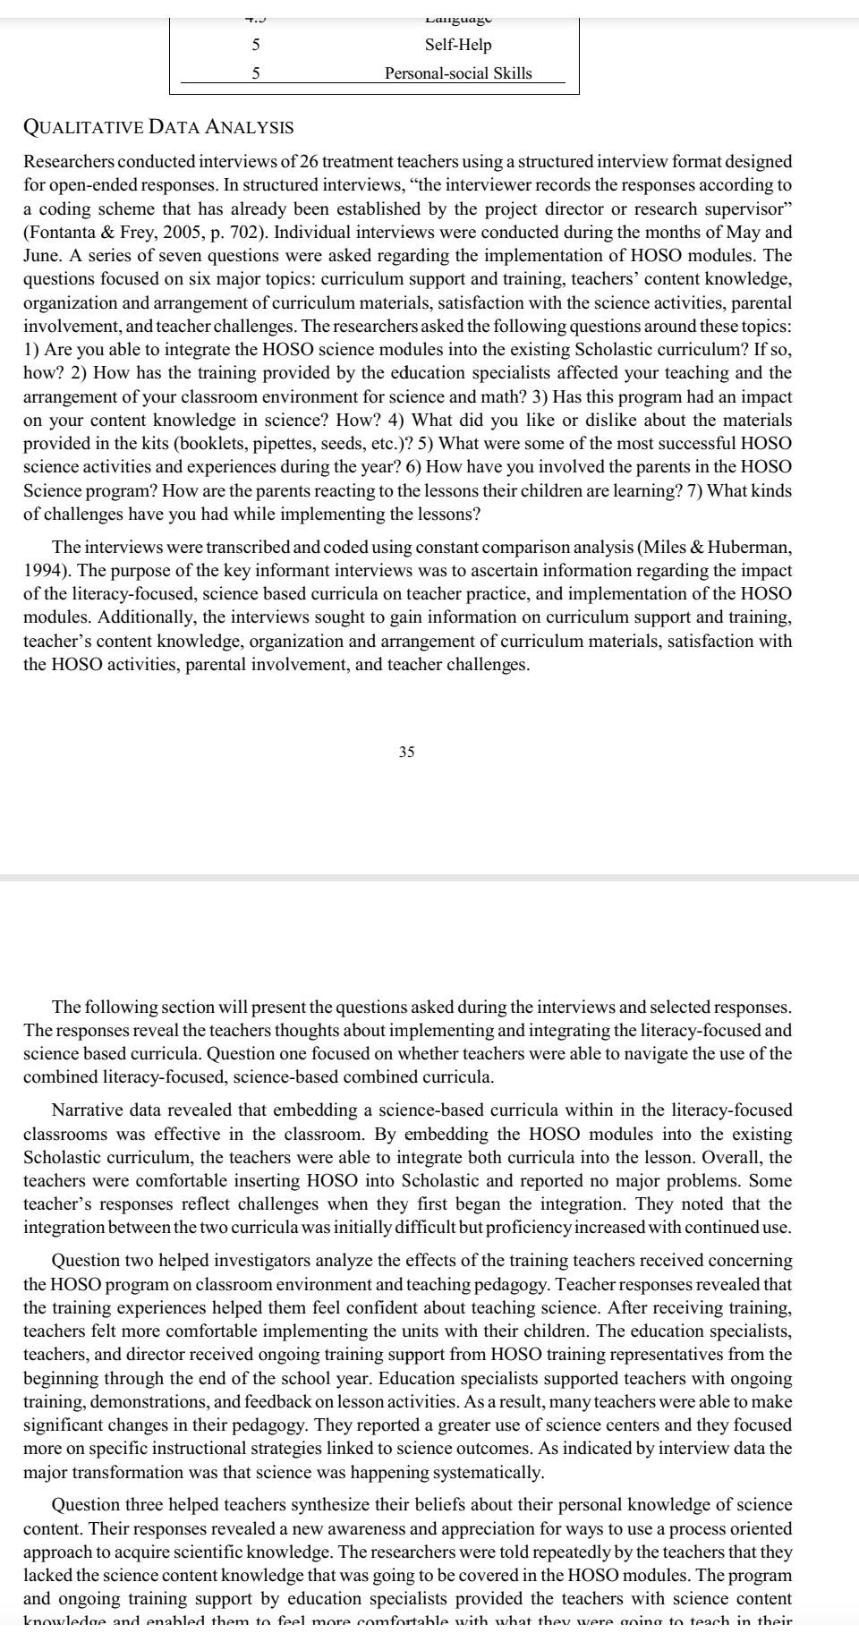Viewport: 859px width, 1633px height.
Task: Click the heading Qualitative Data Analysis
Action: pyautogui.click(x=158, y=127)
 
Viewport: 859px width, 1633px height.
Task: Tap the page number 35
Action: pyautogui.click(x=406, y=752)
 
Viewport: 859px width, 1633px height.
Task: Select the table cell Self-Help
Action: pyautogui.click(x=458, y=45)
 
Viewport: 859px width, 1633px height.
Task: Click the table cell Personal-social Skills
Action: pyautogui.click(x=458, y=73)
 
